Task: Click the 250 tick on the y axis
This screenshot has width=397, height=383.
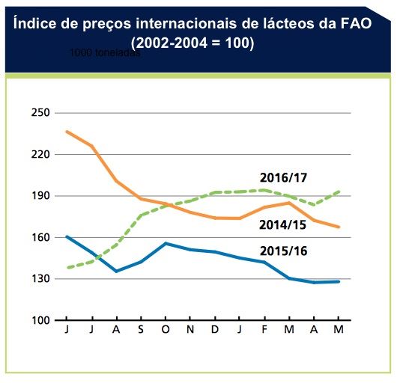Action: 40,113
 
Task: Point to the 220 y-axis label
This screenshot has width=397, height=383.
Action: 40,154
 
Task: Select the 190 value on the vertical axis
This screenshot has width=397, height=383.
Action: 40,196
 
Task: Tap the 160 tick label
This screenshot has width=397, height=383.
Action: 40,237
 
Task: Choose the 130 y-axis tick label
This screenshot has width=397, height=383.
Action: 40,279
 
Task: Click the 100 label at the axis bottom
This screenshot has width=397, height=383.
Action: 40,320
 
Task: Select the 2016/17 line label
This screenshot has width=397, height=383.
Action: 284,178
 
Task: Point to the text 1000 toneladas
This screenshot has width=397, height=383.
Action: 105,54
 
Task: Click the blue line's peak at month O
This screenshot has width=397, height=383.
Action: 166,243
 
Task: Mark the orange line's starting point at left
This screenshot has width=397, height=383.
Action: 67,132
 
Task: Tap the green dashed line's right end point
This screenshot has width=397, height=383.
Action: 340,191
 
